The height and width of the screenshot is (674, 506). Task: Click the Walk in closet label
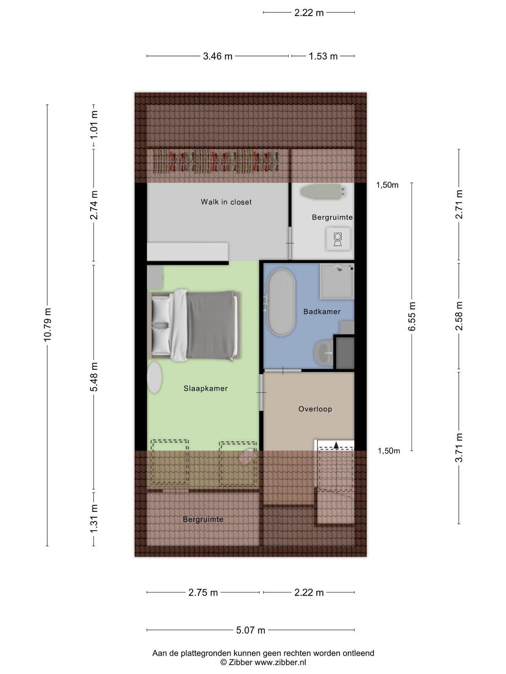226,202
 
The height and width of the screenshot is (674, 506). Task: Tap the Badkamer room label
322,312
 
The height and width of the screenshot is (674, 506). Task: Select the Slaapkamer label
205,388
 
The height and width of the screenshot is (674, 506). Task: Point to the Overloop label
315,409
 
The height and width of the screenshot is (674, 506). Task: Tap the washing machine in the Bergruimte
338,239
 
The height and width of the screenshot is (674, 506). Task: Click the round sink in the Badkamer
323,353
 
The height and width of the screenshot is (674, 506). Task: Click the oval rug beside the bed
154,377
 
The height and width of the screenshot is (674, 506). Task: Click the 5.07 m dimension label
250,630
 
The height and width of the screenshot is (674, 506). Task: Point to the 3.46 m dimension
218,56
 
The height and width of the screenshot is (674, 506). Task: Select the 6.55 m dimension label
412,316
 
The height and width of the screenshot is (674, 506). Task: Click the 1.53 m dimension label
323,56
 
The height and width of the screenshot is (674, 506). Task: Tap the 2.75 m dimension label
203,592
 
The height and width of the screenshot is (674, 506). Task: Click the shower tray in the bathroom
337,281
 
